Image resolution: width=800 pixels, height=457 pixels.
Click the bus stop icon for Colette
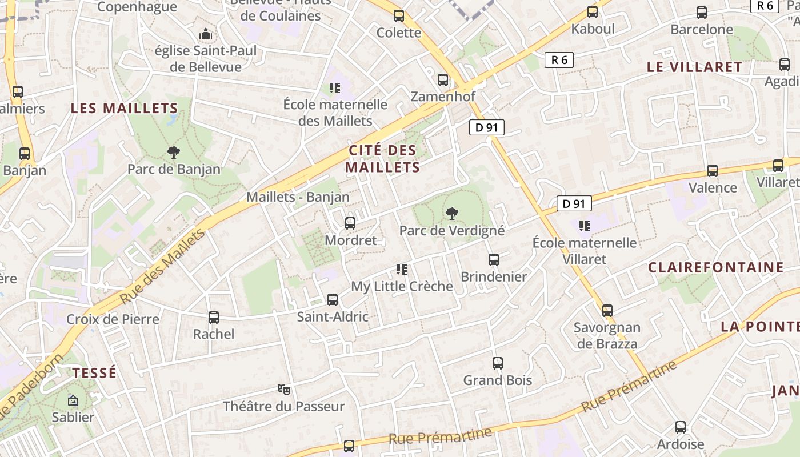[x=399, y=16]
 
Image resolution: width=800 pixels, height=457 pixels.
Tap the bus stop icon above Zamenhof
[x=443, y=80]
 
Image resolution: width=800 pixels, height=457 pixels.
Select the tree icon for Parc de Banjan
[x=174, y=152]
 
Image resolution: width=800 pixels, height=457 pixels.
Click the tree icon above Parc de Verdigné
[x=452, y=214]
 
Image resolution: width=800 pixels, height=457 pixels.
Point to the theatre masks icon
[x=284, y=390]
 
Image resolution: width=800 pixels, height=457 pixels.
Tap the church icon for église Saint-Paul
[x=206, y=34]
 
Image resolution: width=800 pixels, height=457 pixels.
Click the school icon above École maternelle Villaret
[x=584, y=226]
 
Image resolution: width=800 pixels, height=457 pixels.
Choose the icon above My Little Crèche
[x=402, y=269]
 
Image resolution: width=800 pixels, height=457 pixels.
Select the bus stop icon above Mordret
[x=350, y=223]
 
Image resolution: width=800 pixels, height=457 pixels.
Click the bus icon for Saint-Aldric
[x=333, y=299]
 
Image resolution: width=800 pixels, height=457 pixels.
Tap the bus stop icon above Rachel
[x=214, y=317]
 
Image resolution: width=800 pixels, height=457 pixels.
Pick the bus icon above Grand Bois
[x=498, y=363]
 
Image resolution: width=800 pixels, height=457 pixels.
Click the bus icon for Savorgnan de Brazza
[x=607, y=311]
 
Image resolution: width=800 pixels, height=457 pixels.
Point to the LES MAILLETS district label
[x=125, y=108]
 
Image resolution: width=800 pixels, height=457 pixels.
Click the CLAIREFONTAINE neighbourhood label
[x=715, y=267]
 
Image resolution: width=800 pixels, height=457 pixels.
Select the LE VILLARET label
[x=694, y=67]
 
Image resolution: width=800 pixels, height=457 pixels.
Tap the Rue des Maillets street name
[x=162, y=267]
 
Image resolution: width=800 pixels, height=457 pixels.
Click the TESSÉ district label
[x=94, y=373]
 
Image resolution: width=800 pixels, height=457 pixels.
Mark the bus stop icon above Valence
[x=713, y=171]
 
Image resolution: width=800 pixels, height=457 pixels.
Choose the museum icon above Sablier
[x=73, y=400]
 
